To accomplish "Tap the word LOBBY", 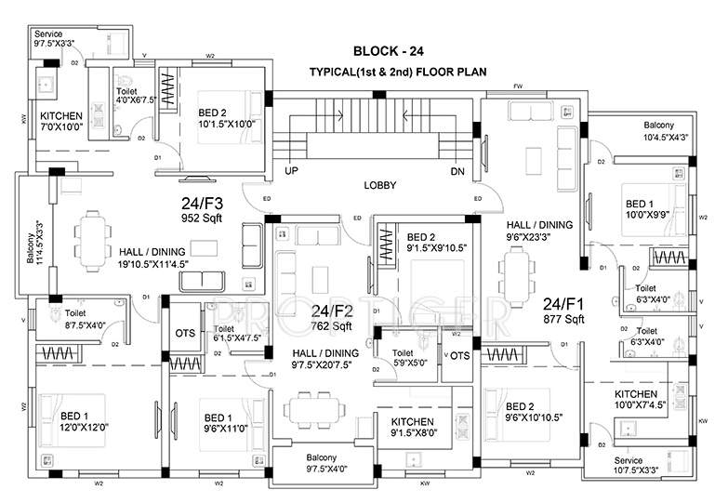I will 380,186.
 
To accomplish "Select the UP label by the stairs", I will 290,172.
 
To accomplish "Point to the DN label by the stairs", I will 457,172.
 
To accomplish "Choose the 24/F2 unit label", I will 330,311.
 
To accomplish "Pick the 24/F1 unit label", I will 563,302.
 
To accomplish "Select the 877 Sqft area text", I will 563,319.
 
